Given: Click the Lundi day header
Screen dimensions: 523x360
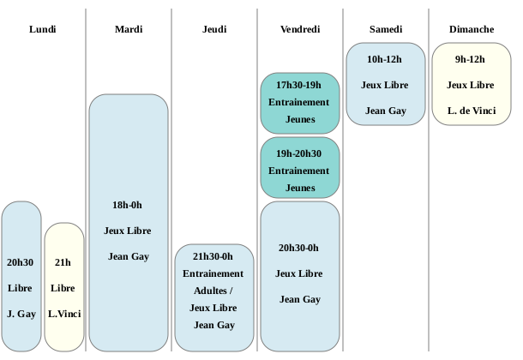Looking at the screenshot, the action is tap(43, 29).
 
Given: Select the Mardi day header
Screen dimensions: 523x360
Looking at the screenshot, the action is tap(129, 29).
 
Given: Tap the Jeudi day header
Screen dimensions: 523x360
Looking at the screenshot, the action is tap(214, 29).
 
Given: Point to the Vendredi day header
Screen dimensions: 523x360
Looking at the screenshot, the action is tap(300, 29).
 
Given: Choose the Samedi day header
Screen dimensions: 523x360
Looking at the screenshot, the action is tap(386, 29).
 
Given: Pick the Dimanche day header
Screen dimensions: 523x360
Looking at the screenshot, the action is tap(472, 29).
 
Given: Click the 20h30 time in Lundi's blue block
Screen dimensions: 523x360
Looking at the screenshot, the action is tap(20, 262).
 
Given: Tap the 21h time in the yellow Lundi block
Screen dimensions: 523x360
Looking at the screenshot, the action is tap(63, 262).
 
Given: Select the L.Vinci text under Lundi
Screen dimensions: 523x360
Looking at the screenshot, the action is tap(64, 314).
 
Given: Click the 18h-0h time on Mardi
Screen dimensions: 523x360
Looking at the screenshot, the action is tap(127, 205).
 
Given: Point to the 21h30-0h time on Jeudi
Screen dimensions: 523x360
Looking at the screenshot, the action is tap(213, 256).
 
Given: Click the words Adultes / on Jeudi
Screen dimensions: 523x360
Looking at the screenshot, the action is tap(213, 291).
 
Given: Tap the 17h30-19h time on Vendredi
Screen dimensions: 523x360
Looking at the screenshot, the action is tap(298, 85).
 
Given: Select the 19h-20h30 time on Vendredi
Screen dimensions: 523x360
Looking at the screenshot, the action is tap(298, 153).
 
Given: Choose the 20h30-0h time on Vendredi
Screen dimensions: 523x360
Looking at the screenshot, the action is tap(298, 248).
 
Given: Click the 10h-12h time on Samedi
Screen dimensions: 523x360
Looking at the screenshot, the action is tap(384, 59).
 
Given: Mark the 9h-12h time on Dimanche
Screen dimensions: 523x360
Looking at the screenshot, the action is tap(470, 59).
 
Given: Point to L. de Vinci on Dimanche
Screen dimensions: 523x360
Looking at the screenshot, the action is tap(472, 111).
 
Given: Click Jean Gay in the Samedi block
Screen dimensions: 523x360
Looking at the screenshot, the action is tap(386, 111).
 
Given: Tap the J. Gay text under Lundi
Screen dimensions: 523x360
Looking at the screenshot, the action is tap(21, 314).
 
